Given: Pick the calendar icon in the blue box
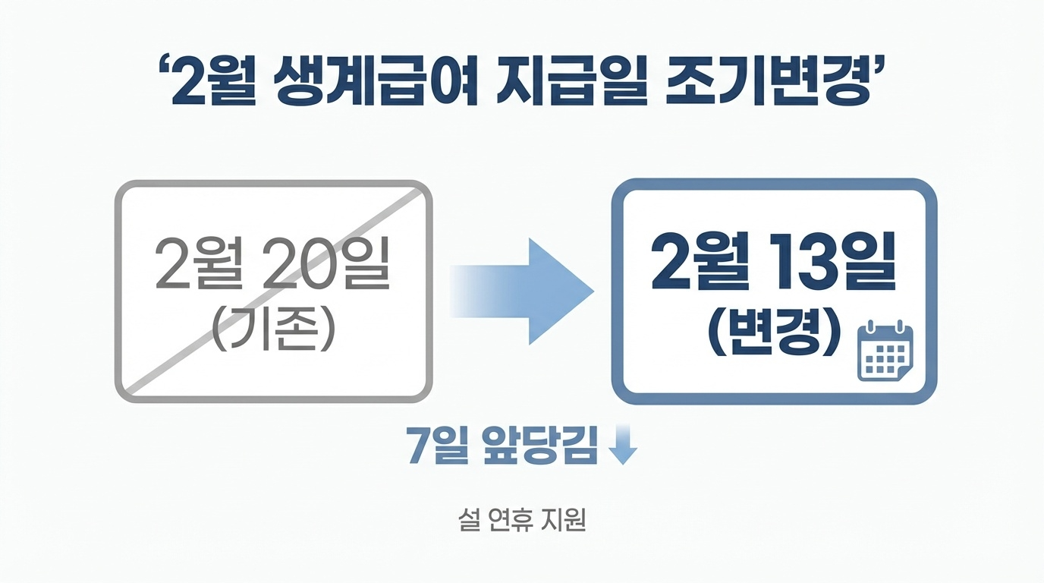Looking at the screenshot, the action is click(x=885, y=351).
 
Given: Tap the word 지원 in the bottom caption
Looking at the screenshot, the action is click(x=565, y=520).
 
